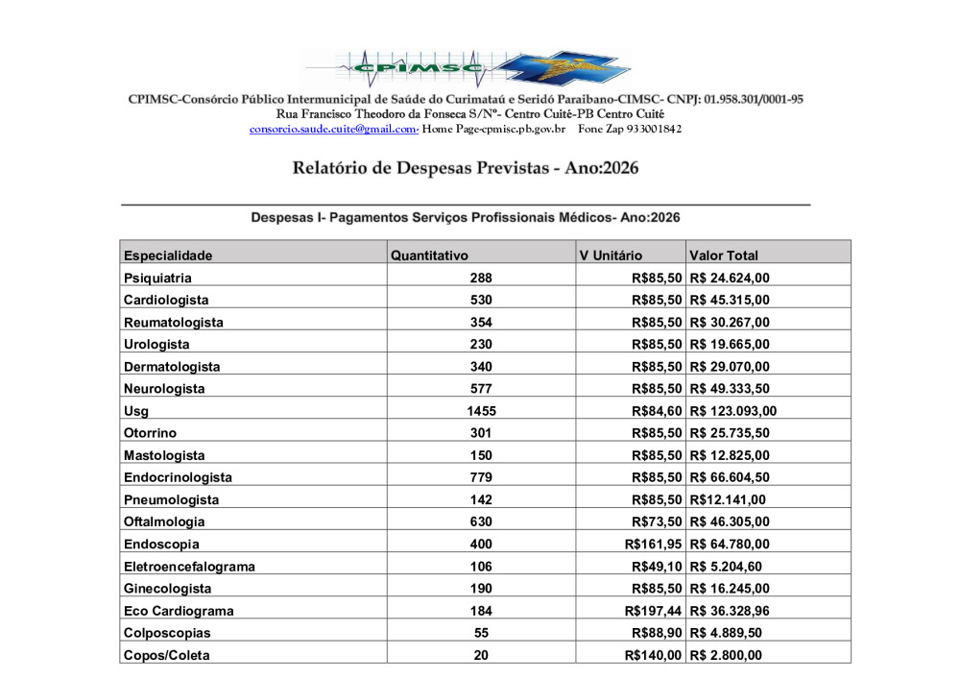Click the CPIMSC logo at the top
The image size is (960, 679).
pos(468,67)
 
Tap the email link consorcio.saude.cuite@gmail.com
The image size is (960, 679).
pos(333,129)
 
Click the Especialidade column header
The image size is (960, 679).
pos(168,255)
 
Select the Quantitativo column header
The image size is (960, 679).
pos(429,255)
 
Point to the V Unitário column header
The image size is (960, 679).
pos(611,255)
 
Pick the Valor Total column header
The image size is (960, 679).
pos(723,255)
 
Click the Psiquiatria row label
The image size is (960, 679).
pos(157,279)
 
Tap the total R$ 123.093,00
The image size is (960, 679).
pos(732,411)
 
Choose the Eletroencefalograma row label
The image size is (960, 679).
pos(189,567)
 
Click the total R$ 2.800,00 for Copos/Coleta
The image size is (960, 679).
pos(725,655)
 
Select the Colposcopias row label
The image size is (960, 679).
pos(167,633)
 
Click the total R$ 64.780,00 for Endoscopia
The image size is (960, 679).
pos(729,545)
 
